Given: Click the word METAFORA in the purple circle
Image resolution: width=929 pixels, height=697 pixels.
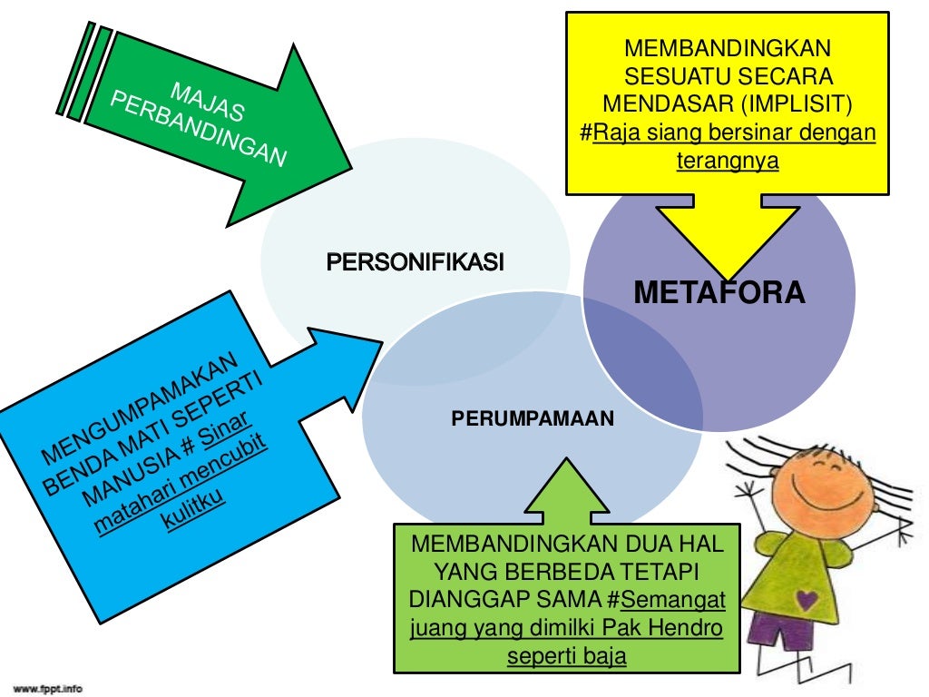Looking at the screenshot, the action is pyautogui.click(x=719, y=292).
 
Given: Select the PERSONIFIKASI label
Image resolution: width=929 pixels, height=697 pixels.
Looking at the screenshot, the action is pyautogui.click(x=415, y=263).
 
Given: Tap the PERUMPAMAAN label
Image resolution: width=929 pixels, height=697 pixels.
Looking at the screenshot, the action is pyautogui.click(x=533, y=419).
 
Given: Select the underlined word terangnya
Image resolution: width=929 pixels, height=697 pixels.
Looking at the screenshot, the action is pyautogui.click(x=728, y=161).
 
